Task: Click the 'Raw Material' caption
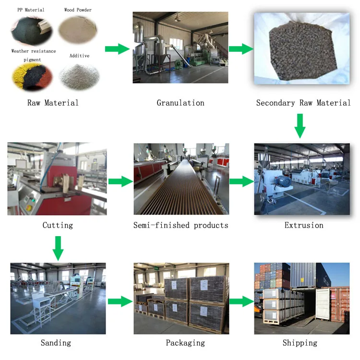(53, 103)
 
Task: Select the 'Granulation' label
(180, 103)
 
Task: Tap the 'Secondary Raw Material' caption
(303, 103)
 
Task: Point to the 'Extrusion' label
(304, 225)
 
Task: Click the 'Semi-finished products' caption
(181, 225)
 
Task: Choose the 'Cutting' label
(58, 225)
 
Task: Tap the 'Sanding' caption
(56, 343)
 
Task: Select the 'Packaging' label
(185, 343)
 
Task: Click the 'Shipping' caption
(300, 343)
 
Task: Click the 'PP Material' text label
(31, 10)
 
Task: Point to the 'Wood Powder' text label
(78, 10)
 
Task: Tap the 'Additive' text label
(79, 56)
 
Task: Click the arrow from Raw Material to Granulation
(117, 48)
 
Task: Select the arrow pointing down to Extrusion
(300, 126)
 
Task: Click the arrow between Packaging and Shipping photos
(241, 301)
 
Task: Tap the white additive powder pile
(79, 75)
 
